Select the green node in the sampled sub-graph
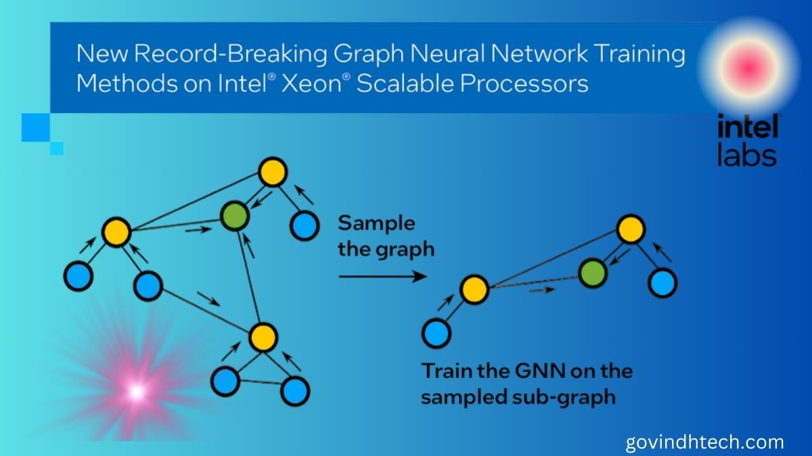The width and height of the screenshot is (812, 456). (592, 273)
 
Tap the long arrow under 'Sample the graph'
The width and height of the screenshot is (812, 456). (382, 276)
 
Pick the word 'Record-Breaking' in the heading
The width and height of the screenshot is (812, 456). (217, 53)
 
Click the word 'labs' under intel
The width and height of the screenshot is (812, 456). (746, 156)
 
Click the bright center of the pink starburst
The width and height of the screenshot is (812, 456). (136, 391)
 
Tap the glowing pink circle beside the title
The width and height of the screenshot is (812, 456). (746, 66)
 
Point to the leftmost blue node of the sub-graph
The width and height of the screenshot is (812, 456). (436, 332)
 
